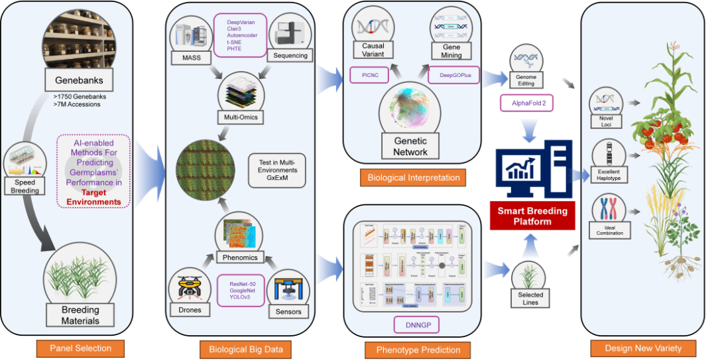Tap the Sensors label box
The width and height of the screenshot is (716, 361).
287,311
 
